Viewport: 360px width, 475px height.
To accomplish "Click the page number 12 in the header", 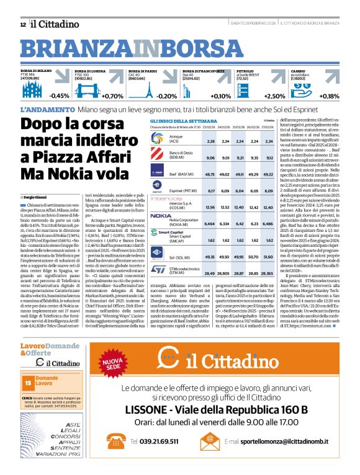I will (23, 24).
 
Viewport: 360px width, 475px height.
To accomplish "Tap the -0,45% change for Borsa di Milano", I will (60, 96).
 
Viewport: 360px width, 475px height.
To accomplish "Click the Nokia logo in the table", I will (160, 216).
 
